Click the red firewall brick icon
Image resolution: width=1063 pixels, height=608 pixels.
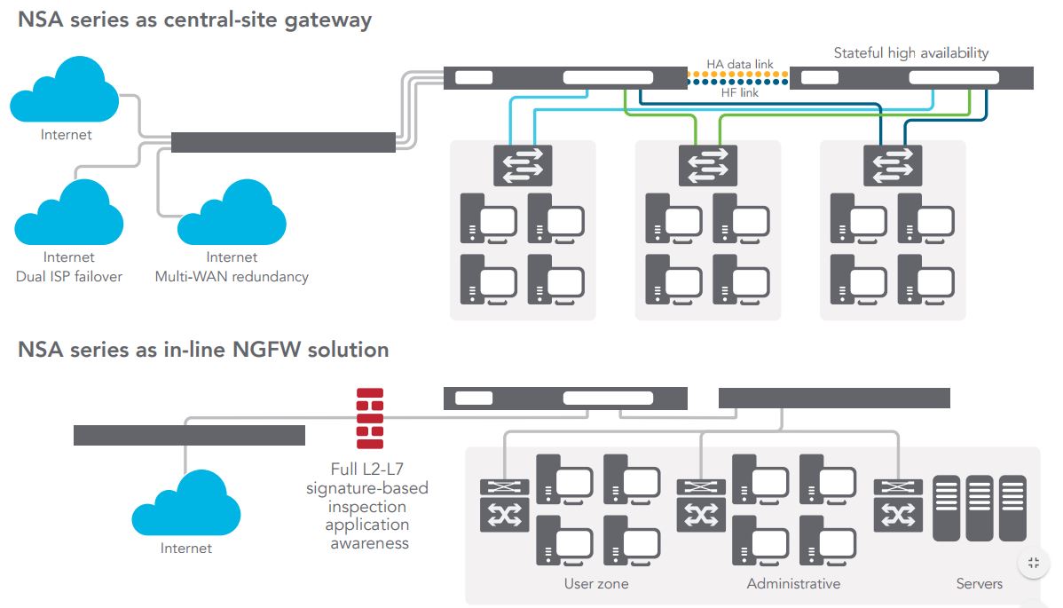(x=370, y=418)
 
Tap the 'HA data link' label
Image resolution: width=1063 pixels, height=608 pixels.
(x=739, y=65)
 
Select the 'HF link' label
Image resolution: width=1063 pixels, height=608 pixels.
(x=739, y=92)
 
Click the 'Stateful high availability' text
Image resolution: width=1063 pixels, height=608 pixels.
(x=910, y=53)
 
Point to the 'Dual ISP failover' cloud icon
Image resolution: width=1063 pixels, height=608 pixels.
(x=68, y=212)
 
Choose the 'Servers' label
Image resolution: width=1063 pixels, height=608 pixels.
(x=979, y=583)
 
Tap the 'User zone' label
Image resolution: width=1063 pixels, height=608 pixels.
(x=596, y=583)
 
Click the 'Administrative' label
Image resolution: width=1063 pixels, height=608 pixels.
(x=793, y=583)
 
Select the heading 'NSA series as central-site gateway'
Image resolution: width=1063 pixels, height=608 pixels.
(x=194, y=20)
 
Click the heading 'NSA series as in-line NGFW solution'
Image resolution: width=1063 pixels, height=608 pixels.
(x=203, y=350)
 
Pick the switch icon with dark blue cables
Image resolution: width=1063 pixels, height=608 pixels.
(x=892, y=165)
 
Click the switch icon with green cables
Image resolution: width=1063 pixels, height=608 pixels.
(x=707, y=165)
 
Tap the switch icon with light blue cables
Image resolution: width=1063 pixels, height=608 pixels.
(x=523, y=165)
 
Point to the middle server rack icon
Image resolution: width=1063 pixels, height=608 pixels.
(x=979, y=509)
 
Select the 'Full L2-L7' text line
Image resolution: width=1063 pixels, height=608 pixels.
(x=367, y=469)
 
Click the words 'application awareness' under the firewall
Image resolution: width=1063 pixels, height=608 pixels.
(x=367, y=533)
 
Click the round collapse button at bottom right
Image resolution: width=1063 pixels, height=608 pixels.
(x=1033, y=563)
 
